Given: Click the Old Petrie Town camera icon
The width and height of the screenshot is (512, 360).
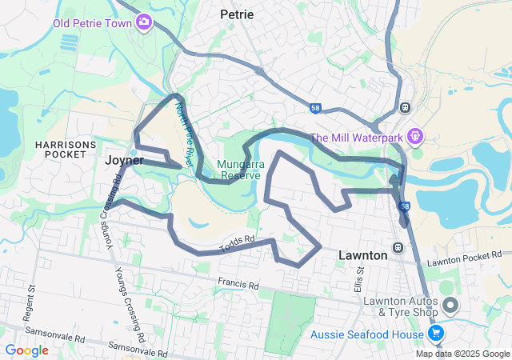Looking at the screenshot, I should point(144,22).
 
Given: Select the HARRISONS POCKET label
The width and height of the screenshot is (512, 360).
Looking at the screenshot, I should point(66,150).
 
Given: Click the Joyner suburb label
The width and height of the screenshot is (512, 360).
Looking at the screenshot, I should point(124,160).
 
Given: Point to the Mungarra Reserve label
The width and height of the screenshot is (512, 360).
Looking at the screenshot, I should point(238,170).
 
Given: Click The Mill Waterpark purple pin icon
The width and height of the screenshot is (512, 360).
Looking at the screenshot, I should point(414,137).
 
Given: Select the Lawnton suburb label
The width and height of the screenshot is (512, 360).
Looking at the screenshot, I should point(362,254).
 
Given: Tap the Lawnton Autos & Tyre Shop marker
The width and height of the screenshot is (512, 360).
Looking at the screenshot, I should point(450,305).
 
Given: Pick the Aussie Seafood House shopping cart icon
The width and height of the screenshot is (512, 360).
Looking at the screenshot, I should point(436,332).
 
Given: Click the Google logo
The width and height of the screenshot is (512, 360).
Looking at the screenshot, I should point(26,350).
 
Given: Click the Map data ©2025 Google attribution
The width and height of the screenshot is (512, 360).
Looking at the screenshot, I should point(462,354).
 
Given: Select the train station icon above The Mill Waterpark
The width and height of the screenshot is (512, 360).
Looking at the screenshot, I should point(405,107).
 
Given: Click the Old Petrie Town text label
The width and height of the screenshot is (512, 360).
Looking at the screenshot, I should point(92,22).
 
